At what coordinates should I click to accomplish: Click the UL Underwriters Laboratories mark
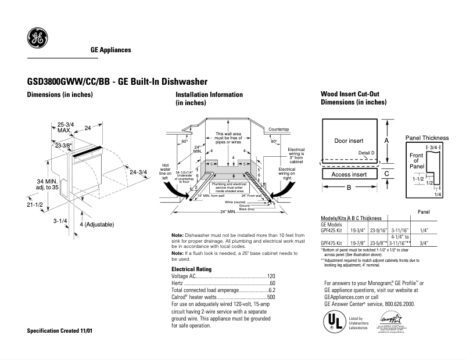click(x=332, y=321)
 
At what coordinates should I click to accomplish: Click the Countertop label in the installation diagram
click(x=279, y=129)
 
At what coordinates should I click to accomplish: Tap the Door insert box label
click(x=349, y=141)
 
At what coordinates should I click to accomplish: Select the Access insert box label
click(x=349, y=174)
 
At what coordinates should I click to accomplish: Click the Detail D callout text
click(x=367, y=153)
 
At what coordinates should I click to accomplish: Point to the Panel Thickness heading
click(x=426, y=138)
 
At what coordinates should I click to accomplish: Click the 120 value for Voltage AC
click(x=271, y=276)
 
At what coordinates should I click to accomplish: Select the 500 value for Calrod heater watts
click(x=271, y=297)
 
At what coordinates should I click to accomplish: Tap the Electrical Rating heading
click(x=191, y=269)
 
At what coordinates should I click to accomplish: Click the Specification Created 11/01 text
click(x=60, y=330)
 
